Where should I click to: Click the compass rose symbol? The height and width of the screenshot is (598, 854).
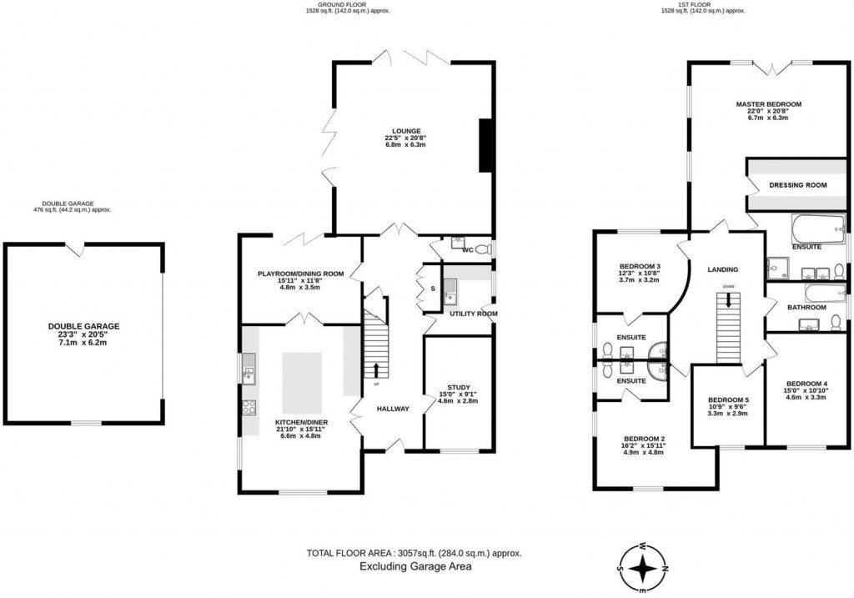(x=643, y=567)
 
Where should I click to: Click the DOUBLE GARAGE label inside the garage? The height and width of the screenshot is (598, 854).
(x=83, y=326)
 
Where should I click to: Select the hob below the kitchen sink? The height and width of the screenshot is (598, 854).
(x=249, y=407)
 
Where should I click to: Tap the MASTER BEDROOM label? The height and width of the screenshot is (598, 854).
(x=768, y=104)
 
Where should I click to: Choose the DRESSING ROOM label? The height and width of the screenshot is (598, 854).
(x=797, y=185)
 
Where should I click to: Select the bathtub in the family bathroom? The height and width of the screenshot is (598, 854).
(x=825, y=293)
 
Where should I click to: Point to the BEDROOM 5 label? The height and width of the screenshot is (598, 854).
(x=727, y=399)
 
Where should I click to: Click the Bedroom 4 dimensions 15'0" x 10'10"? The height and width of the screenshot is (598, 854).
(x=806, y=389)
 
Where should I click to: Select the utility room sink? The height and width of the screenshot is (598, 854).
(x=450, y=290)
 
